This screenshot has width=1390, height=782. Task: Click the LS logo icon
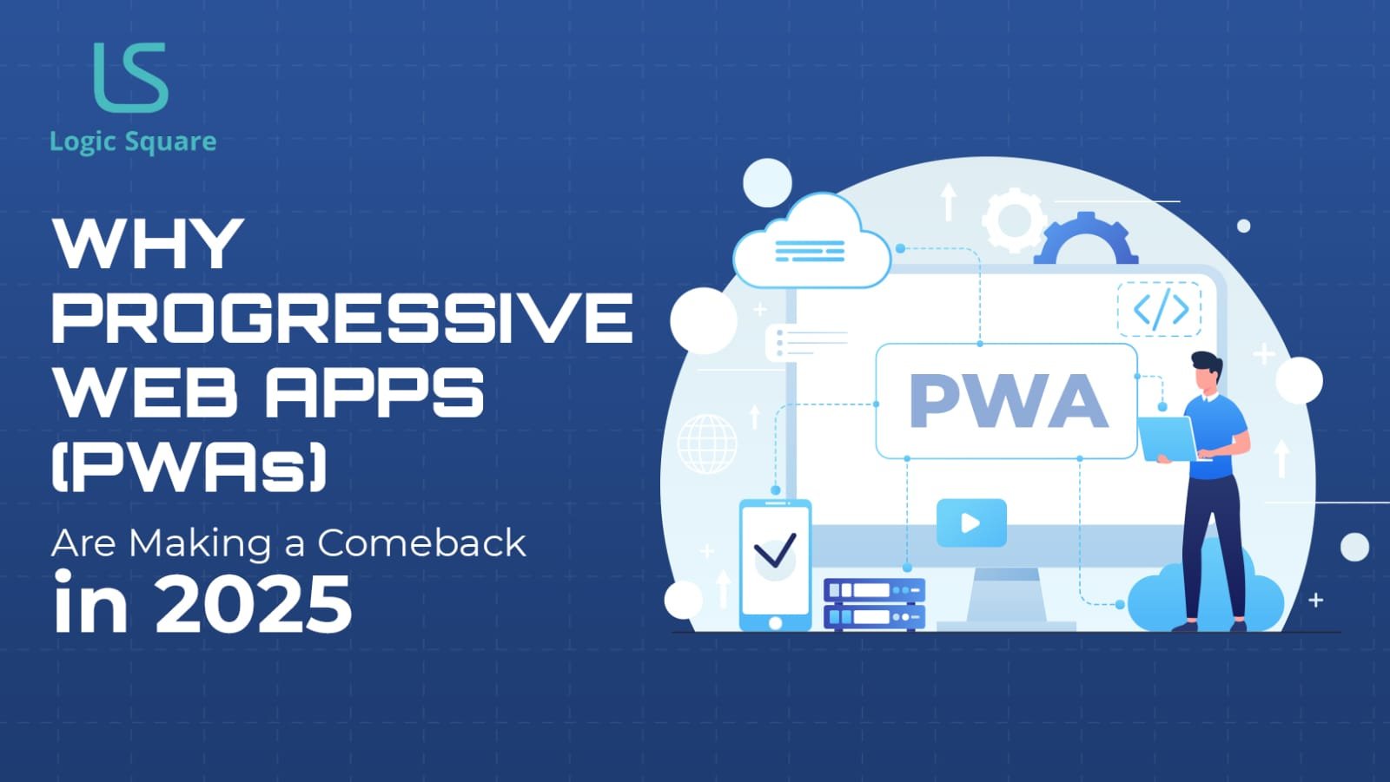(130, 78)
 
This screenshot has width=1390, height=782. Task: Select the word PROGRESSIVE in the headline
(342, 317)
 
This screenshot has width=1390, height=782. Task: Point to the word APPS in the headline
(374, 392)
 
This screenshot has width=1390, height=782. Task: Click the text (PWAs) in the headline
(189, 467)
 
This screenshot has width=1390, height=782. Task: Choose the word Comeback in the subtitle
(421, 543)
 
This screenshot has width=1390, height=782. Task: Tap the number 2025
(253, 605)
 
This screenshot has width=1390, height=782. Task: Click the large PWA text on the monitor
(1008, 401)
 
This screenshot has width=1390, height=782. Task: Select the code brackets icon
(1160, 309)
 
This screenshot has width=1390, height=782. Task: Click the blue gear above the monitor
(1085, 240)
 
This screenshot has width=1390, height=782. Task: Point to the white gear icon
(1013, 220)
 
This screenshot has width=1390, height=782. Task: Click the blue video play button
(971, 522)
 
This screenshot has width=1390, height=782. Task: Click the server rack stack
(873, 603)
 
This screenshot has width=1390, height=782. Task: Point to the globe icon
(706, 443)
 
